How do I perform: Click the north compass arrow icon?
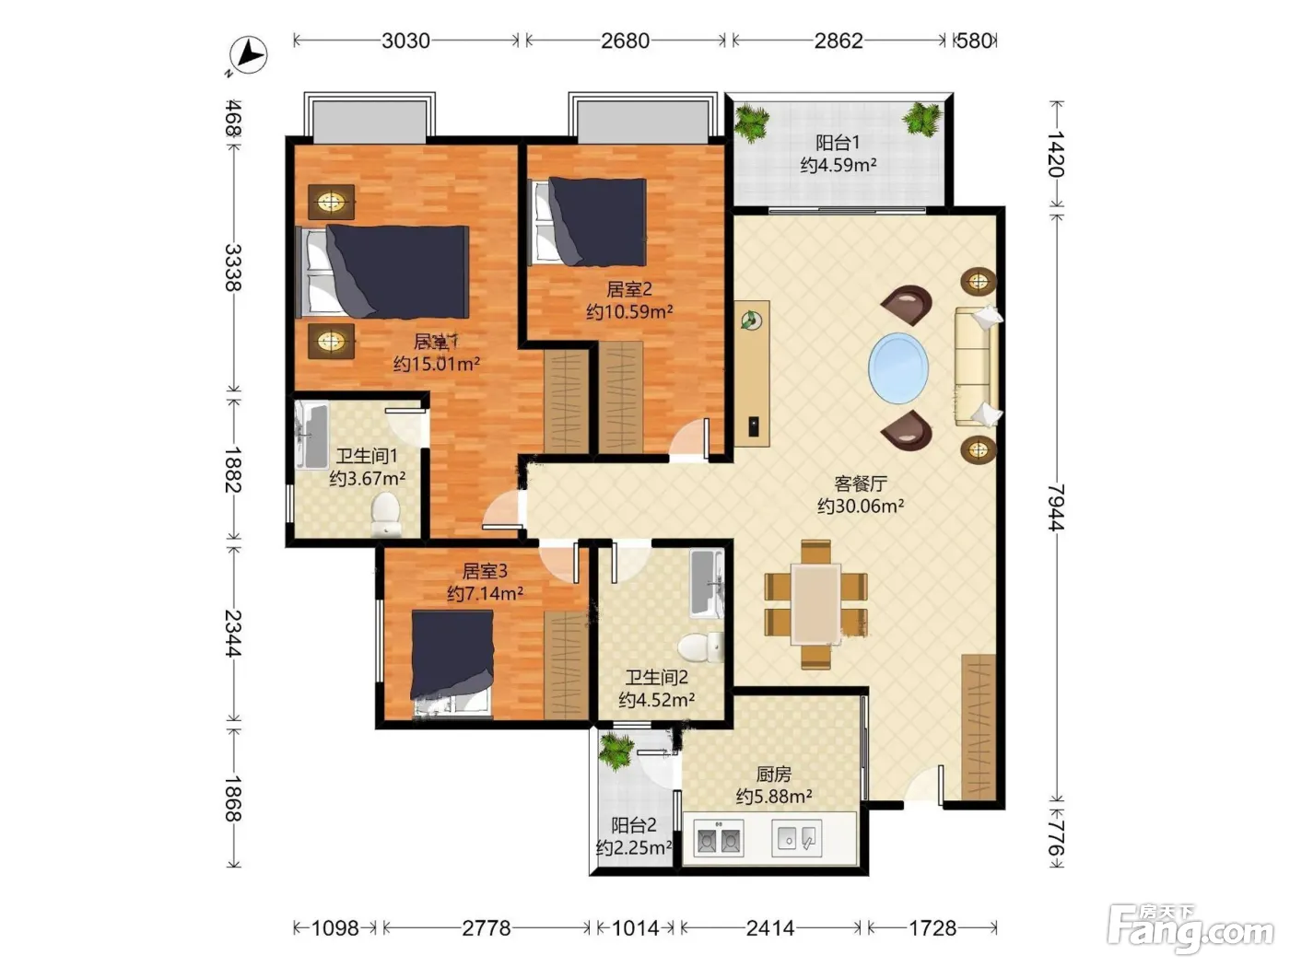point(248,56)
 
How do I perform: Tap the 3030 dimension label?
point(405,41)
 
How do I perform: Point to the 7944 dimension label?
point(1056,507)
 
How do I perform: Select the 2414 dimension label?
point(770,927)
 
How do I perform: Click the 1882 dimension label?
point(233,469)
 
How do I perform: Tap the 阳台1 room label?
point(838,143)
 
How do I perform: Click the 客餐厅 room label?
point(861,483)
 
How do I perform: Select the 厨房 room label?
point(773,775)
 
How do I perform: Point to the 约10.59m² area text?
point(628,311)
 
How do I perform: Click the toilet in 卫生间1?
point(385,514)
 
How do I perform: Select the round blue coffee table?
point(898,368)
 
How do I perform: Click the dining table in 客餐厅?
point(815,604)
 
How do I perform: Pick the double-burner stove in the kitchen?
point(718,838)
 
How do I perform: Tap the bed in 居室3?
point(451,663)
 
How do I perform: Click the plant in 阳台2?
point(616,753)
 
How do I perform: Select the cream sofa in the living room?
point(977,367)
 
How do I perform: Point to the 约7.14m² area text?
point(485,594)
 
